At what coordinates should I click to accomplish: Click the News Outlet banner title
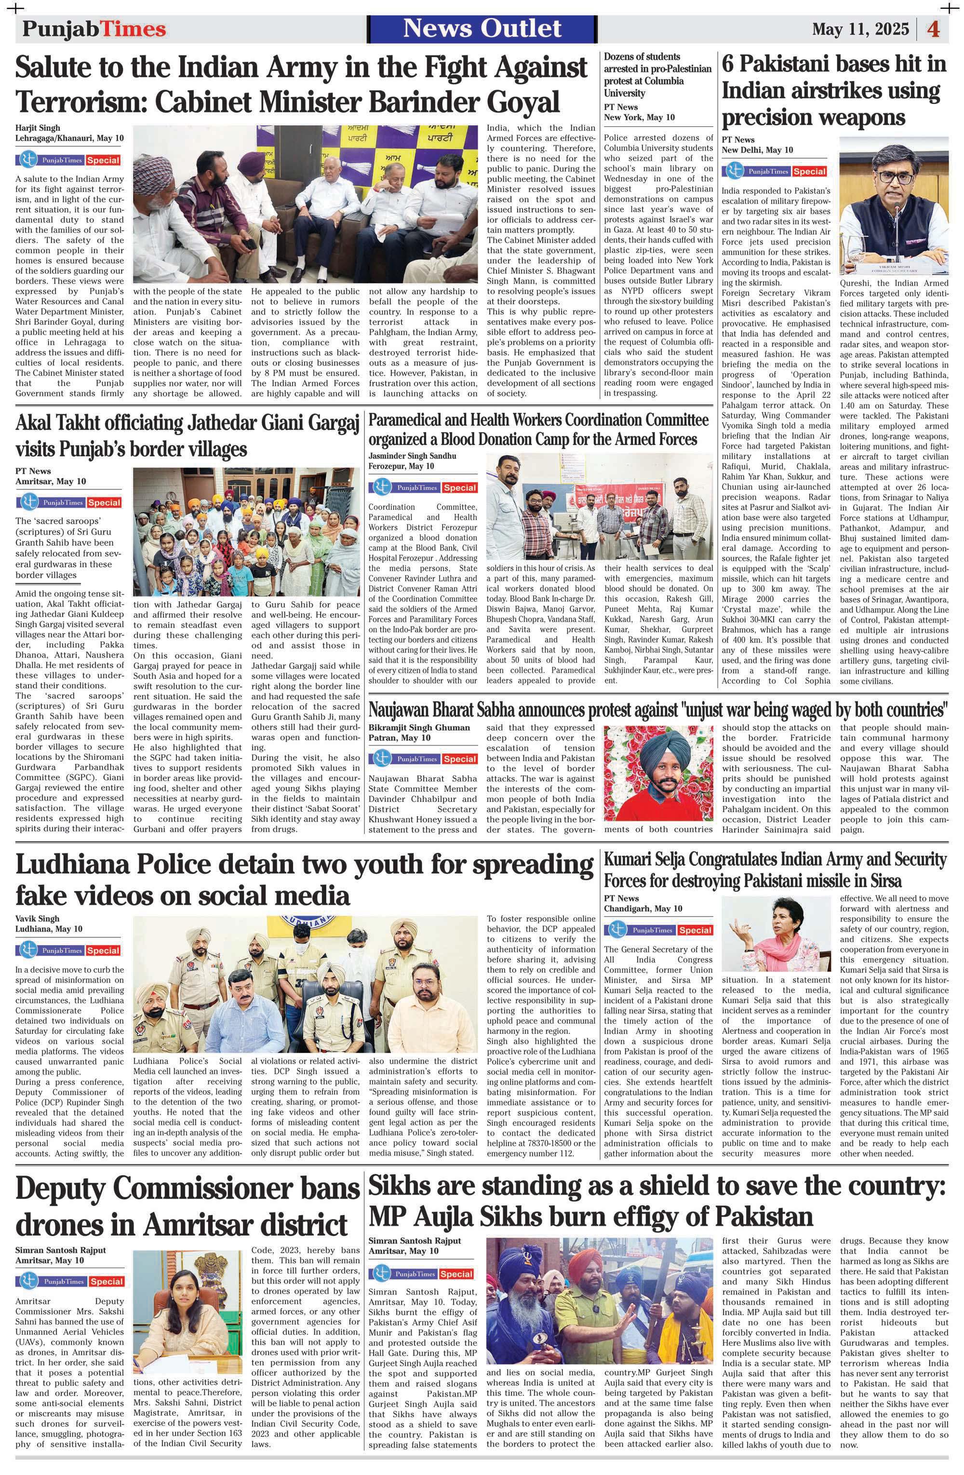click(482, 28)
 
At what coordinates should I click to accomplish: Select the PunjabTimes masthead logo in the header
click(94, 29)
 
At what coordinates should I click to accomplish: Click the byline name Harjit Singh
click(37, 128)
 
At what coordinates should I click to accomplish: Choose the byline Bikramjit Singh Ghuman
click(419, 727)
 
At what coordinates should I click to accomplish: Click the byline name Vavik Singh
click(37, 918)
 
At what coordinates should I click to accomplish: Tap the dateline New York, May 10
click(639, 117)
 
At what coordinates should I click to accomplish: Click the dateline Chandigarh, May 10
click(643, 908)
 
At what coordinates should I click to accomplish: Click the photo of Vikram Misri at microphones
click(893, 205)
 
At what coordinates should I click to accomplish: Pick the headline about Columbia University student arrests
click(657, 74)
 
